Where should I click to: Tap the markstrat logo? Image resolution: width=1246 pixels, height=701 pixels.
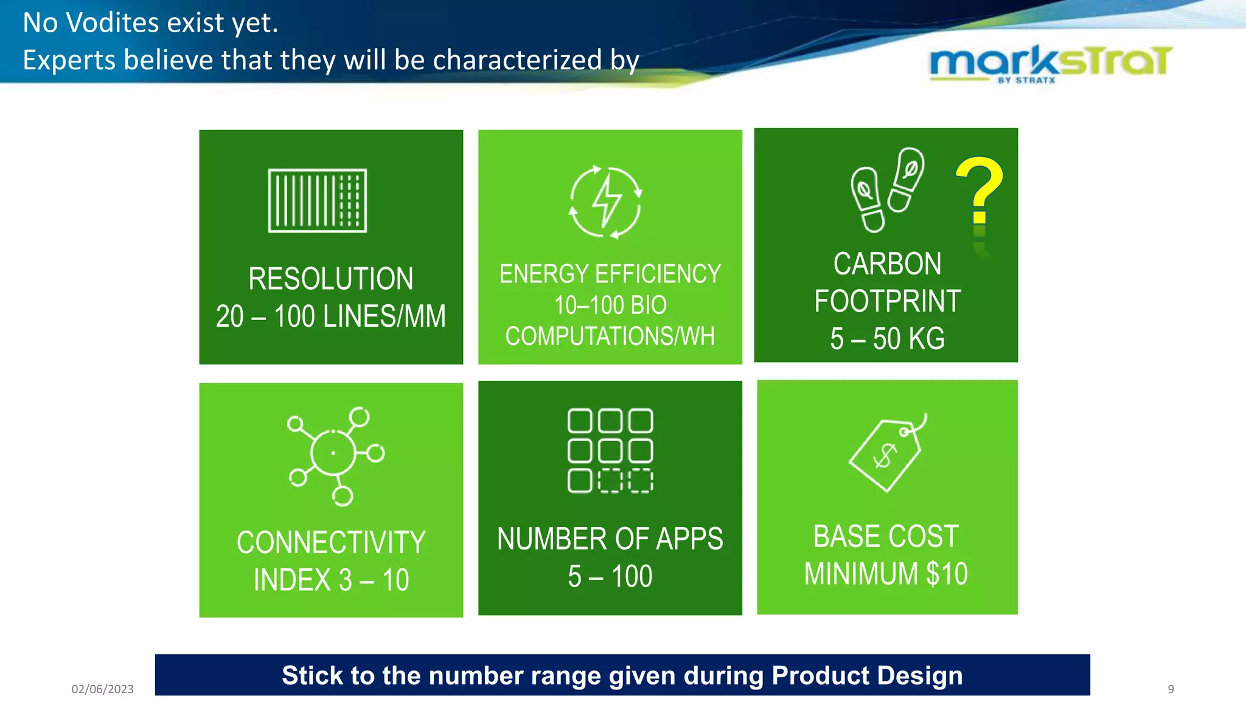(x=1050, y=62)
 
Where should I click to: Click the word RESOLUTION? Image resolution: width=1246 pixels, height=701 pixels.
(x=330, y=279)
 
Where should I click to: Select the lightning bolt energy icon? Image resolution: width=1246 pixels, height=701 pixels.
(x=606, y=201)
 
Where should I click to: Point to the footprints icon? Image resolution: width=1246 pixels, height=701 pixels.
(x=886, y=189)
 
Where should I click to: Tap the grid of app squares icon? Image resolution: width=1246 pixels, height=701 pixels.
(x=610, y=450)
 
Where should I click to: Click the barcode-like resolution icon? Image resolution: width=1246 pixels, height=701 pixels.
(x=318, y=201)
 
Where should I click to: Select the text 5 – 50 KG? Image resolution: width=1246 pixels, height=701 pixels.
(x=887, y=338)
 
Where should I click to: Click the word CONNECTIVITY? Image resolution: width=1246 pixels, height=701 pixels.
(x=330, y=542)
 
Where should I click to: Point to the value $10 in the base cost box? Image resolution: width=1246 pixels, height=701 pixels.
(x=947, y=574)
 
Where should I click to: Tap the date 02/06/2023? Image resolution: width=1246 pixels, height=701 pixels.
(x=102, y=689)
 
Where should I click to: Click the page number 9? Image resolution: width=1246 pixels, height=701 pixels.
(x=1171, y=689)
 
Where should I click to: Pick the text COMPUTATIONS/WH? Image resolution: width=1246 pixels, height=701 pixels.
(x=610, y=336)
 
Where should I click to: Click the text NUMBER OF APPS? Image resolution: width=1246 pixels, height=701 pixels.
(x=610, y=539)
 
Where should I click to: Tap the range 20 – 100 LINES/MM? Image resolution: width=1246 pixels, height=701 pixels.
(x=330, y=316)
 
